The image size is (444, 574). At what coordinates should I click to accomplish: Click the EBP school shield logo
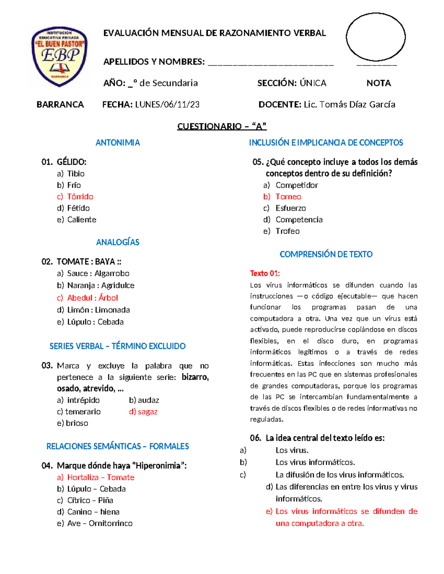(60, 57)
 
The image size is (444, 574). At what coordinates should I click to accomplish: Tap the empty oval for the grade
(376, 37)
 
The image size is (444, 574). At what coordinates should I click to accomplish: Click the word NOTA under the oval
(379, 83)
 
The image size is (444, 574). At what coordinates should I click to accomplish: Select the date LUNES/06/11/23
(167, 105)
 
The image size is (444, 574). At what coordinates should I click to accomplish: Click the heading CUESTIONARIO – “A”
(222, 126)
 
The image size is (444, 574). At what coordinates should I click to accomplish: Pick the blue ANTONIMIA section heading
(118, 143)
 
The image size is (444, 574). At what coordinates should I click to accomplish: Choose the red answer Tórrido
(80, 197)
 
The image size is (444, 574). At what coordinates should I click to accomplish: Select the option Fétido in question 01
(78, 208)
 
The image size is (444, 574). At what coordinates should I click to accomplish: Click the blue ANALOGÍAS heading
(118, 242)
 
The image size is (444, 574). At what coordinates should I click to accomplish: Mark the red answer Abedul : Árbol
(92, 298)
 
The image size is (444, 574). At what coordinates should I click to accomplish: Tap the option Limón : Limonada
(98, 310)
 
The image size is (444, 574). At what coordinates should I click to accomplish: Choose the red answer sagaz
(147, 412)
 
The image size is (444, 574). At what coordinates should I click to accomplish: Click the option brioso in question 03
(77, 423)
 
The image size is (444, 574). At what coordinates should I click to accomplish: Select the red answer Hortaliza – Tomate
(100, 478)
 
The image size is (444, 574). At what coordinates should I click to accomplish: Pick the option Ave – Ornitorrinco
(99, 523)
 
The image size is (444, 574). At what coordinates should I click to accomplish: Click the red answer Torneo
(288, 197)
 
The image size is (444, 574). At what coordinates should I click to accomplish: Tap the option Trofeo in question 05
(287, 231)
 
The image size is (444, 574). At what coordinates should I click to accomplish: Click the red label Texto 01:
(265, 274)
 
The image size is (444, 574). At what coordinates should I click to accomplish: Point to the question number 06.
(255, 438)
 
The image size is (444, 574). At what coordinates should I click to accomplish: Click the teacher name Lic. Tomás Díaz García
(349, 105)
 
